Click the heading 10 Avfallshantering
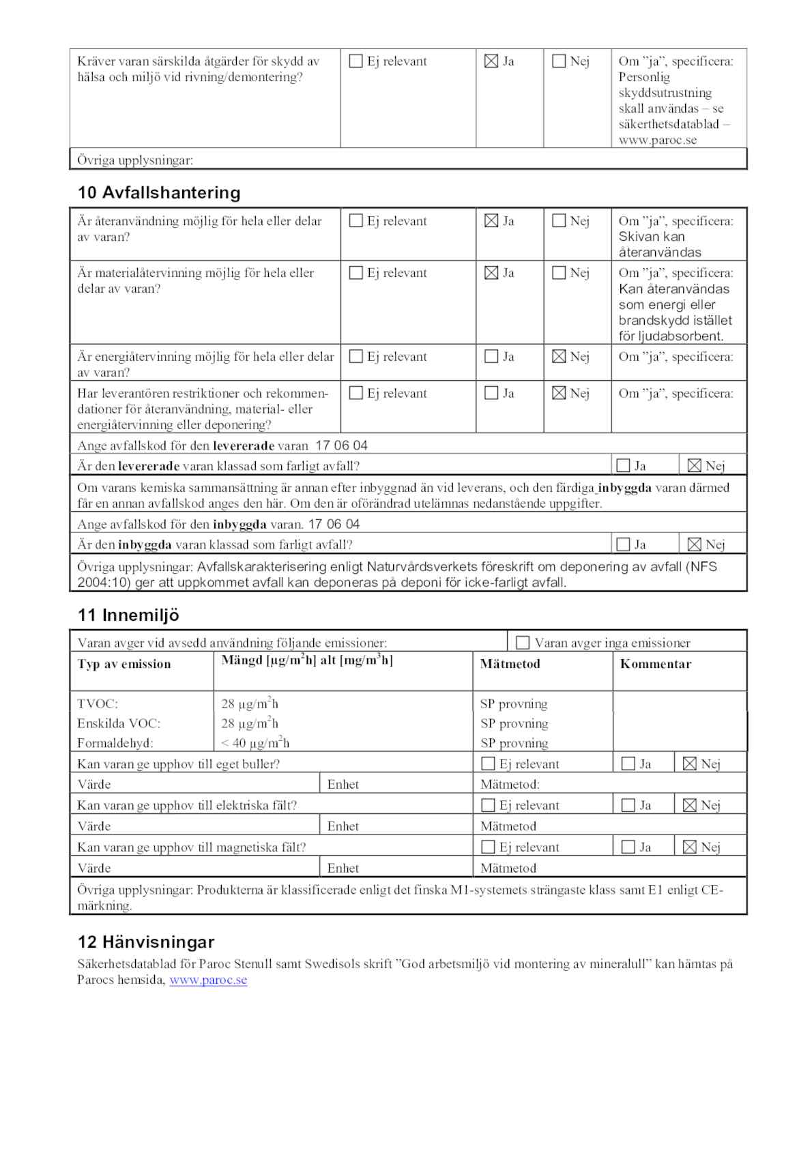[159, 193]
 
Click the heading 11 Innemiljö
[128, 615]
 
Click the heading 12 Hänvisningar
[146, 942]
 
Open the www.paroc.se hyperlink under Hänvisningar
[208, 980]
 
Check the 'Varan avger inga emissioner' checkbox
[523, 643]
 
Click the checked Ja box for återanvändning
[491, 221]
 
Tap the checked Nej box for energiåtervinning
[559, 357]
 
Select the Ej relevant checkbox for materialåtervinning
[356, 273]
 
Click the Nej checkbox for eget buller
[690, 764]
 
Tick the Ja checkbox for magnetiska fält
[628, 847]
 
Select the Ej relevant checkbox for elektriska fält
[489, 806]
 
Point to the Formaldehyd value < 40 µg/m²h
[255, 743]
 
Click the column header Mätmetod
[510, 664]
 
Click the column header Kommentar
[655, 664]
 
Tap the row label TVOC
[98, 704]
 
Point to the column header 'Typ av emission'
[124, 664]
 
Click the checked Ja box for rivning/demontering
[491, 61]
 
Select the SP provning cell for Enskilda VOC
[514, 723]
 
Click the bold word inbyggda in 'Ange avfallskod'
[240, 525]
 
